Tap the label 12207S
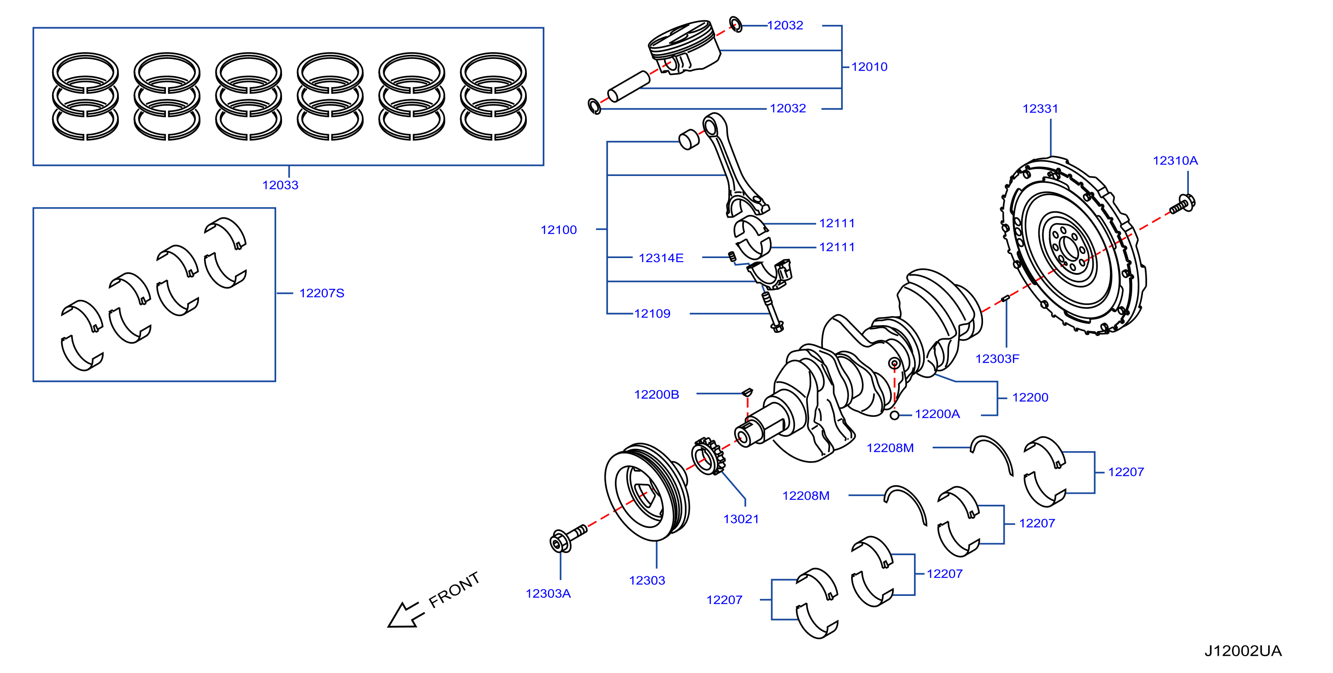coord(321,293)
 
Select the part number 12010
coord(869,67)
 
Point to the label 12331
coord(1040,109)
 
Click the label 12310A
coord(1175,161)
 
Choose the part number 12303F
coord(997,359)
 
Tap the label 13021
coord(740,519)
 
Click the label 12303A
coord(548,593)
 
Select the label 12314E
coord(661,258)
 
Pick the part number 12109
coord(652,313)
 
